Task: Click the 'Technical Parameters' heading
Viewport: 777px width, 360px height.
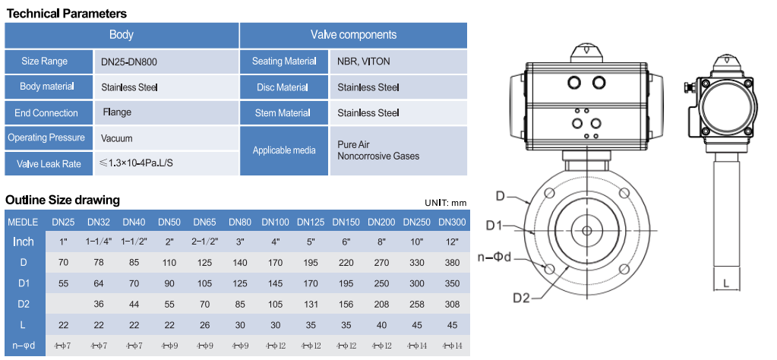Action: click(67, 14)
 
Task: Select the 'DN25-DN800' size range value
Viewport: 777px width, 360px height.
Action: click(129, 62)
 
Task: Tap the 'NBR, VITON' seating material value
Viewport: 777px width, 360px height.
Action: click(364, 62)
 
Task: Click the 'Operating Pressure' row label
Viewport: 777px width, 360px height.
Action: click(46, 138)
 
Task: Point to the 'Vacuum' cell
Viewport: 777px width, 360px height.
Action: click(117, 138)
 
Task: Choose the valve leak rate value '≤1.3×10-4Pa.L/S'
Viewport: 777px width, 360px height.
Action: click(141, 163)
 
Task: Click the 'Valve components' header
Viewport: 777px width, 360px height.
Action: click(353, 35)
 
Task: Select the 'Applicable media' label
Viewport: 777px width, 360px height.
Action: click(284, 150)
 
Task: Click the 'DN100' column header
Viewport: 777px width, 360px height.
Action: click(275, 223)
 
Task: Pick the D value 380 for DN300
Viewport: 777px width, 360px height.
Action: click(453, 262)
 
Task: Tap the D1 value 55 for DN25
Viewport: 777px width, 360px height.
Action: click(63, 283)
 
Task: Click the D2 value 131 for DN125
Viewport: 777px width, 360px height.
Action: click(310, 303)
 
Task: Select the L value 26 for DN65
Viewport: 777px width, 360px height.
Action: click(204, 324)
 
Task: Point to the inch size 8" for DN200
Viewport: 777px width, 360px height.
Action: click(381, 242)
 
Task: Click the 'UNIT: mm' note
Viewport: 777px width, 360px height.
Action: click(446, 203)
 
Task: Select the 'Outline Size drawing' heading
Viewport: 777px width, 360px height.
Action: click(62, 201)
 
